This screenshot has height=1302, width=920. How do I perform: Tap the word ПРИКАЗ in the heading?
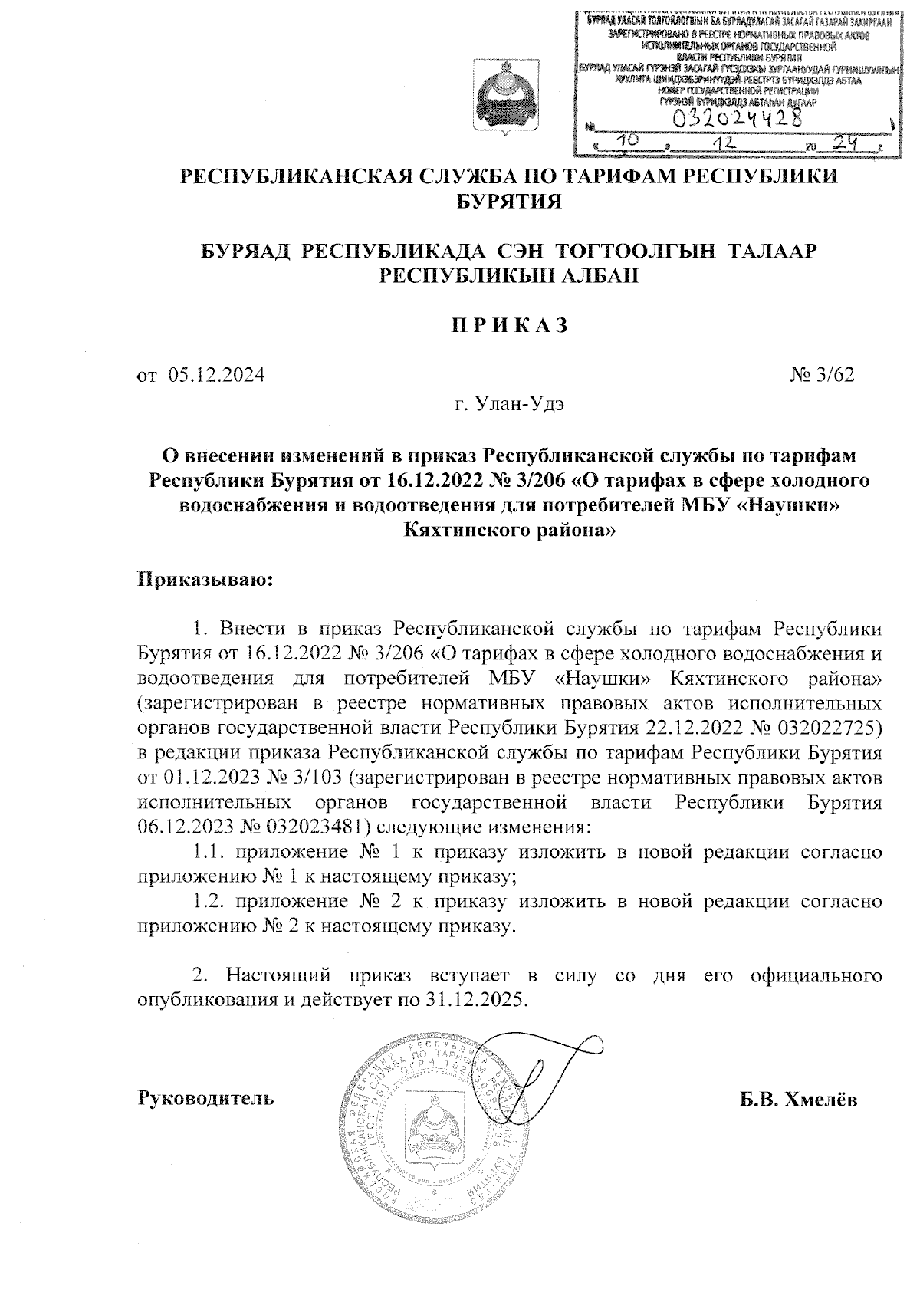[x=508, y=325]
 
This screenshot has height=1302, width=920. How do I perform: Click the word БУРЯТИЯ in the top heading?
[x=509, y=202]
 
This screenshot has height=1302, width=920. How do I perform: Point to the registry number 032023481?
[x=316, y=827]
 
